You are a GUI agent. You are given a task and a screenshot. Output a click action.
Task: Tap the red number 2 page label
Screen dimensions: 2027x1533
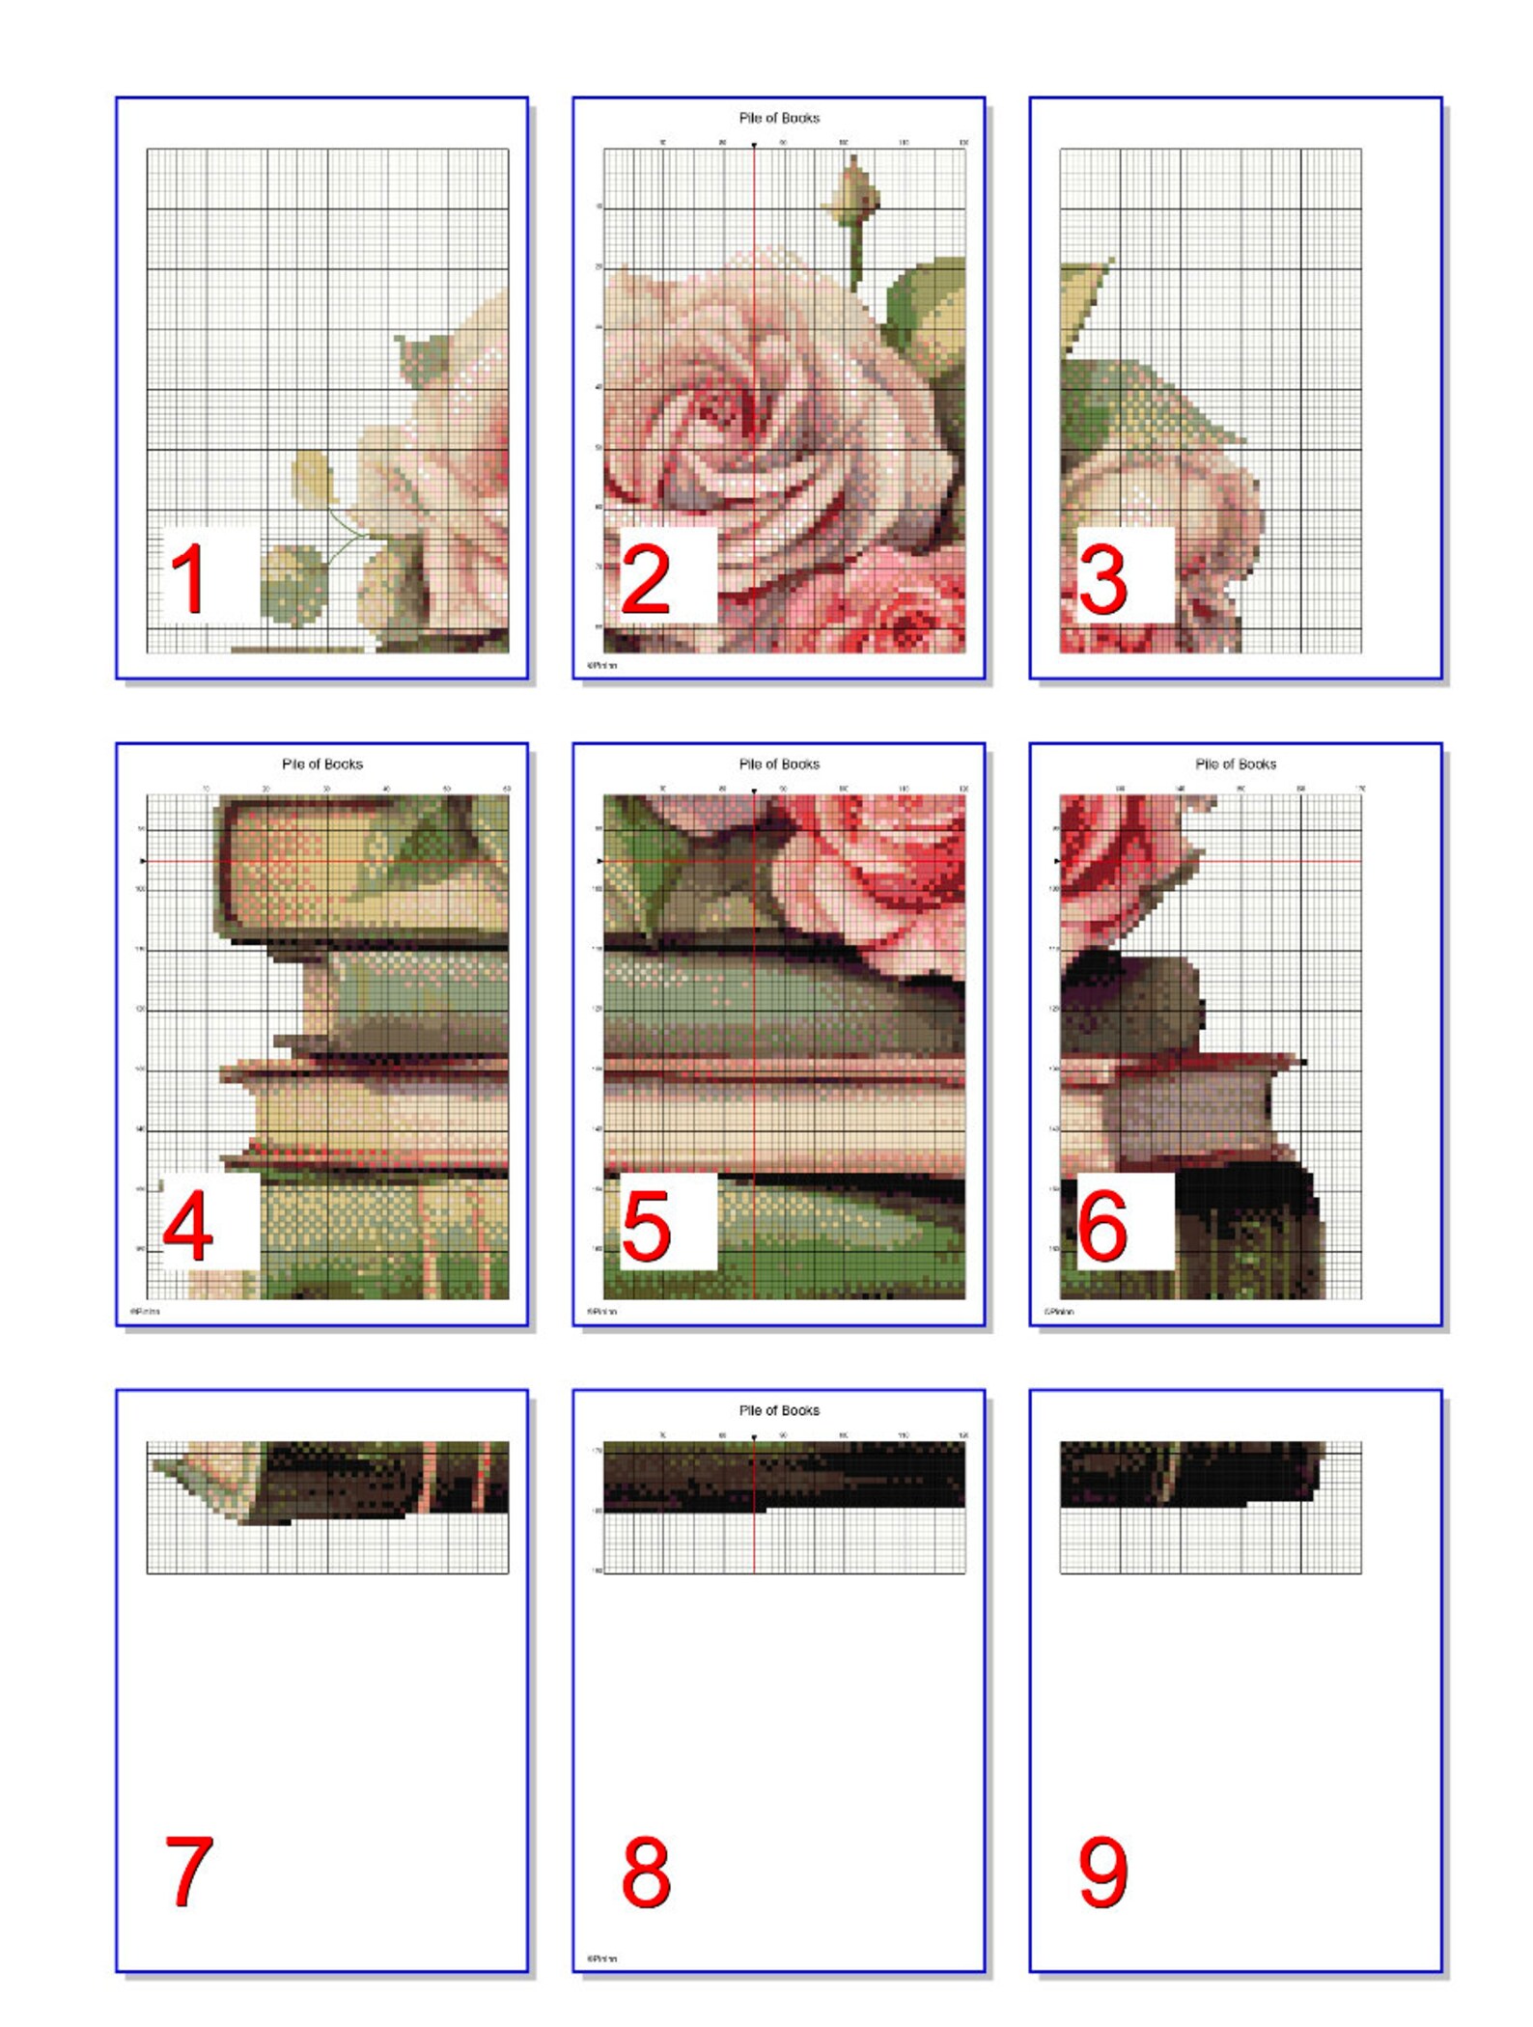(x=645, y=578)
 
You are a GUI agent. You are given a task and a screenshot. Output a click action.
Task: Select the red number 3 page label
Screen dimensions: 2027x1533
(x=1102, y=578)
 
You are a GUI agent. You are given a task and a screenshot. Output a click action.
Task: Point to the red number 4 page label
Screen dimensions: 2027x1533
(x=188, y=1226)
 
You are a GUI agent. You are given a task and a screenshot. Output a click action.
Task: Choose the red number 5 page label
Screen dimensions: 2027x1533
(x=645, y=1226)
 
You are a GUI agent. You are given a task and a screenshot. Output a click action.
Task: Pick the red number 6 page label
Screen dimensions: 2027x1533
(x=1102, y=1226)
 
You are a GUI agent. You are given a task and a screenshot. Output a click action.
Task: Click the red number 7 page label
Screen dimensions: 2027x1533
(x=188, y=1872)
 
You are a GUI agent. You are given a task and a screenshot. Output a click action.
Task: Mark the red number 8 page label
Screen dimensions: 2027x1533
(x=645, y=1872)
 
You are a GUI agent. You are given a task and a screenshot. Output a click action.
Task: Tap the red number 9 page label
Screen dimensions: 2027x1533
(x=1102, y=1872)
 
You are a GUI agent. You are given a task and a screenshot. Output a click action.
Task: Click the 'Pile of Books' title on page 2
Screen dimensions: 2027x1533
(x=779, y=118)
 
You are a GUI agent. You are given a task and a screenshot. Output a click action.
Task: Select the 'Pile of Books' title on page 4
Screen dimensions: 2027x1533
(x=322, y=764)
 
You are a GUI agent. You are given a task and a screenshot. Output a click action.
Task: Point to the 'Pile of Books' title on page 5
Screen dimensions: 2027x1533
(x=779, y=764)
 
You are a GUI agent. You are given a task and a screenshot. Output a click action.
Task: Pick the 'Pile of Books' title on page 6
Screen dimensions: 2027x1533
(x=1236, y=764)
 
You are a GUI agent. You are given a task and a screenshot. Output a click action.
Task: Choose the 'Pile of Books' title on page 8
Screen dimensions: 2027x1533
(x=779, y=1410)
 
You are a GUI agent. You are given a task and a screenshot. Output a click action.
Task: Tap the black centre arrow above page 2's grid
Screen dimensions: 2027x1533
(x=754, y=145)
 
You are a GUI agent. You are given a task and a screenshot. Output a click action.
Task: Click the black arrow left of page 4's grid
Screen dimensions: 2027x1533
(x=144, y=861)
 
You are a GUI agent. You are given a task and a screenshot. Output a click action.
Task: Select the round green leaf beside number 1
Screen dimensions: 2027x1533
(x=294, y=583)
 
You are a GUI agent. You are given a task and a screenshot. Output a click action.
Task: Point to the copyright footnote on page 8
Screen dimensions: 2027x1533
(x=601, y=1958)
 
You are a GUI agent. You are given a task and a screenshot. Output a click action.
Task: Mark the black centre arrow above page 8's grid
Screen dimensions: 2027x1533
(x=754, y=1438)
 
